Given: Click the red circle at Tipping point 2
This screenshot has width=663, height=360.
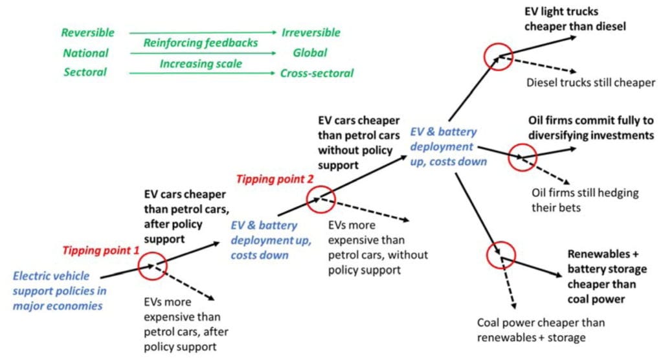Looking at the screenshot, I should pyautogui.click(x=321, y=199).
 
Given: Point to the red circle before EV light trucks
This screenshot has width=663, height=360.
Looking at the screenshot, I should pyautogui.click(x=498, y=56).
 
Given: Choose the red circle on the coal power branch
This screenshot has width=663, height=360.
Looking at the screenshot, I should pyautogui.click(x=500, y=255).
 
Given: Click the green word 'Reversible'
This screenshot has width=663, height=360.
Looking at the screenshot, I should pyautogui.click(x=87, y=32).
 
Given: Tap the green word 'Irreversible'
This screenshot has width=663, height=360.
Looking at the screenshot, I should pyautogui.click(x=310, y=32).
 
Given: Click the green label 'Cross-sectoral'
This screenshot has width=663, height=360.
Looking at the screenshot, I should pyautogui.click(x=317, y=73).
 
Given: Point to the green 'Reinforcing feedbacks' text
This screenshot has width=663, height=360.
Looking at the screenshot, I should pyautogui.click(x=201, y=43).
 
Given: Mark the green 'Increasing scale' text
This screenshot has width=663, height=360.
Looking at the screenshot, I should pyautogui.click(x=201, y=63).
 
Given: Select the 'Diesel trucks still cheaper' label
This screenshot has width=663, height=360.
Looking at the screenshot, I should pyautogui.click(x=590, y=82).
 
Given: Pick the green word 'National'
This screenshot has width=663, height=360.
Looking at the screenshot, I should pyautogui.click(x=85, y=53).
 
